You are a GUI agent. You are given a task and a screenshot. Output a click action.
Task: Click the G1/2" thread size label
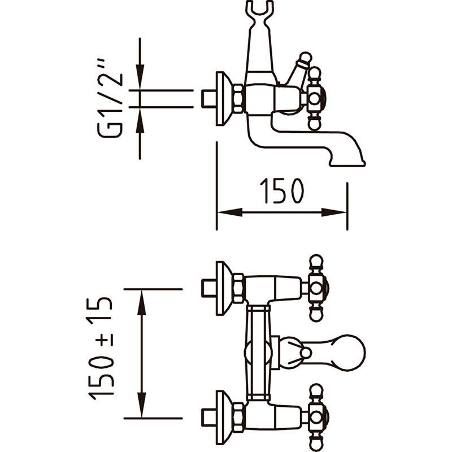[x=110, y=98]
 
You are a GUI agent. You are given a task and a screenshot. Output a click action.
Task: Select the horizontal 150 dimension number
[x=281, y=191]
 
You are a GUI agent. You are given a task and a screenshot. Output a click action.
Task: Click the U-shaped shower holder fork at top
[x=259, y=11]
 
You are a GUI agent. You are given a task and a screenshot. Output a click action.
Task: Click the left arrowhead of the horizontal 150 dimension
[x=230, y=212]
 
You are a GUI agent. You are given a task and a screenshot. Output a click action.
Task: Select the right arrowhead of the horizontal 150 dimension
[x=334, y=212]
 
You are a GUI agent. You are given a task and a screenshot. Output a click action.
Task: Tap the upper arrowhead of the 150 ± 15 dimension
[x=141, y=302]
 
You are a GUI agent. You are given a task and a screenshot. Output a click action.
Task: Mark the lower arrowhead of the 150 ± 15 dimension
[x=141, y=405]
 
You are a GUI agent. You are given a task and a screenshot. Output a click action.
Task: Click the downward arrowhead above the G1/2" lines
[x=140, y=77]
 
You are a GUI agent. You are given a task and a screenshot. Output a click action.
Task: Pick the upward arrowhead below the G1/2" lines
[x=140, y=120]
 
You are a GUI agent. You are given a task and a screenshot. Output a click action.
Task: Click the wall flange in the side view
[x=224, y=98]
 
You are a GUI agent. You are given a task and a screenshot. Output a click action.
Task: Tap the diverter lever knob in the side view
[x=305, y=58]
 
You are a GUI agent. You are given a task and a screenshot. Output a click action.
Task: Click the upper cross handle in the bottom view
[x=316, y=288]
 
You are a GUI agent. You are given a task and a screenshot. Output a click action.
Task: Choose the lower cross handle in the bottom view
[x=316, y=418]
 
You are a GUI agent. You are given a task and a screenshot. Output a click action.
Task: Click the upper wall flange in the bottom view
[x=224, y=289]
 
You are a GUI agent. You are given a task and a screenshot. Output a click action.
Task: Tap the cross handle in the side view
[x=315, y=98]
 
